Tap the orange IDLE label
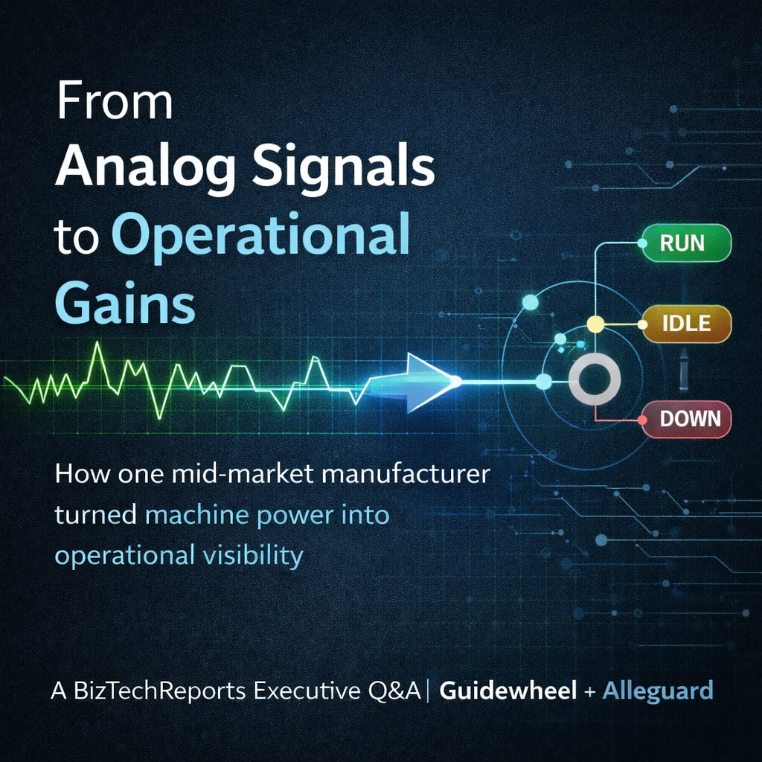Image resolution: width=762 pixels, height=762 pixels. click(686, 324)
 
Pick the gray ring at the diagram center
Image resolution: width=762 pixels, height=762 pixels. click(594, 381)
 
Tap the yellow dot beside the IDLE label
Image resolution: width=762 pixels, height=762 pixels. click(595, 324)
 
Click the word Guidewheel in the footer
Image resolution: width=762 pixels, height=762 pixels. click(508, 691)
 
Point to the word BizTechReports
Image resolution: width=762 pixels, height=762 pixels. click(159, 691)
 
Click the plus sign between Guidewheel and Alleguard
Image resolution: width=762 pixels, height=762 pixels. click(589, 691)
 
